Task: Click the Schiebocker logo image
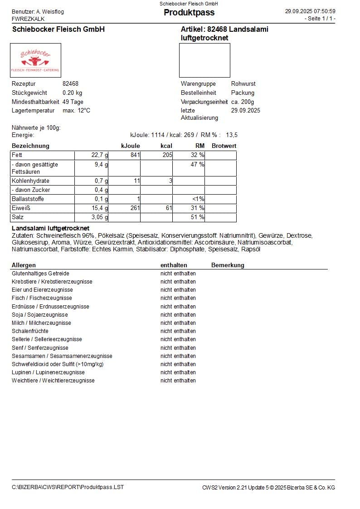(35, 60)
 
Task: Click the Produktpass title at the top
(189, 12)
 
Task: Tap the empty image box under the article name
(204, 60)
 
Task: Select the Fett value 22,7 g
(100, 155)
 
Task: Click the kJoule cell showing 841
(133, 155)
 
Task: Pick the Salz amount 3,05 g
(99, 217)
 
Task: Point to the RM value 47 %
(197, 165)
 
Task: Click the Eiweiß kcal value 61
(169, 208)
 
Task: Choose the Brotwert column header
(224, 146)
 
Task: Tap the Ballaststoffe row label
(28, 199)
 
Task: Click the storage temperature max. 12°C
(76, 110)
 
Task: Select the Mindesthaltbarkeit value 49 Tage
(73, 102)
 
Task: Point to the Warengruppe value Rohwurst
(243, 84)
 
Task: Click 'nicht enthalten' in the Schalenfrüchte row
(178, 331)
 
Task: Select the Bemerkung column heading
(228, 265)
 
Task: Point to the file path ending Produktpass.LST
(68, 487)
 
